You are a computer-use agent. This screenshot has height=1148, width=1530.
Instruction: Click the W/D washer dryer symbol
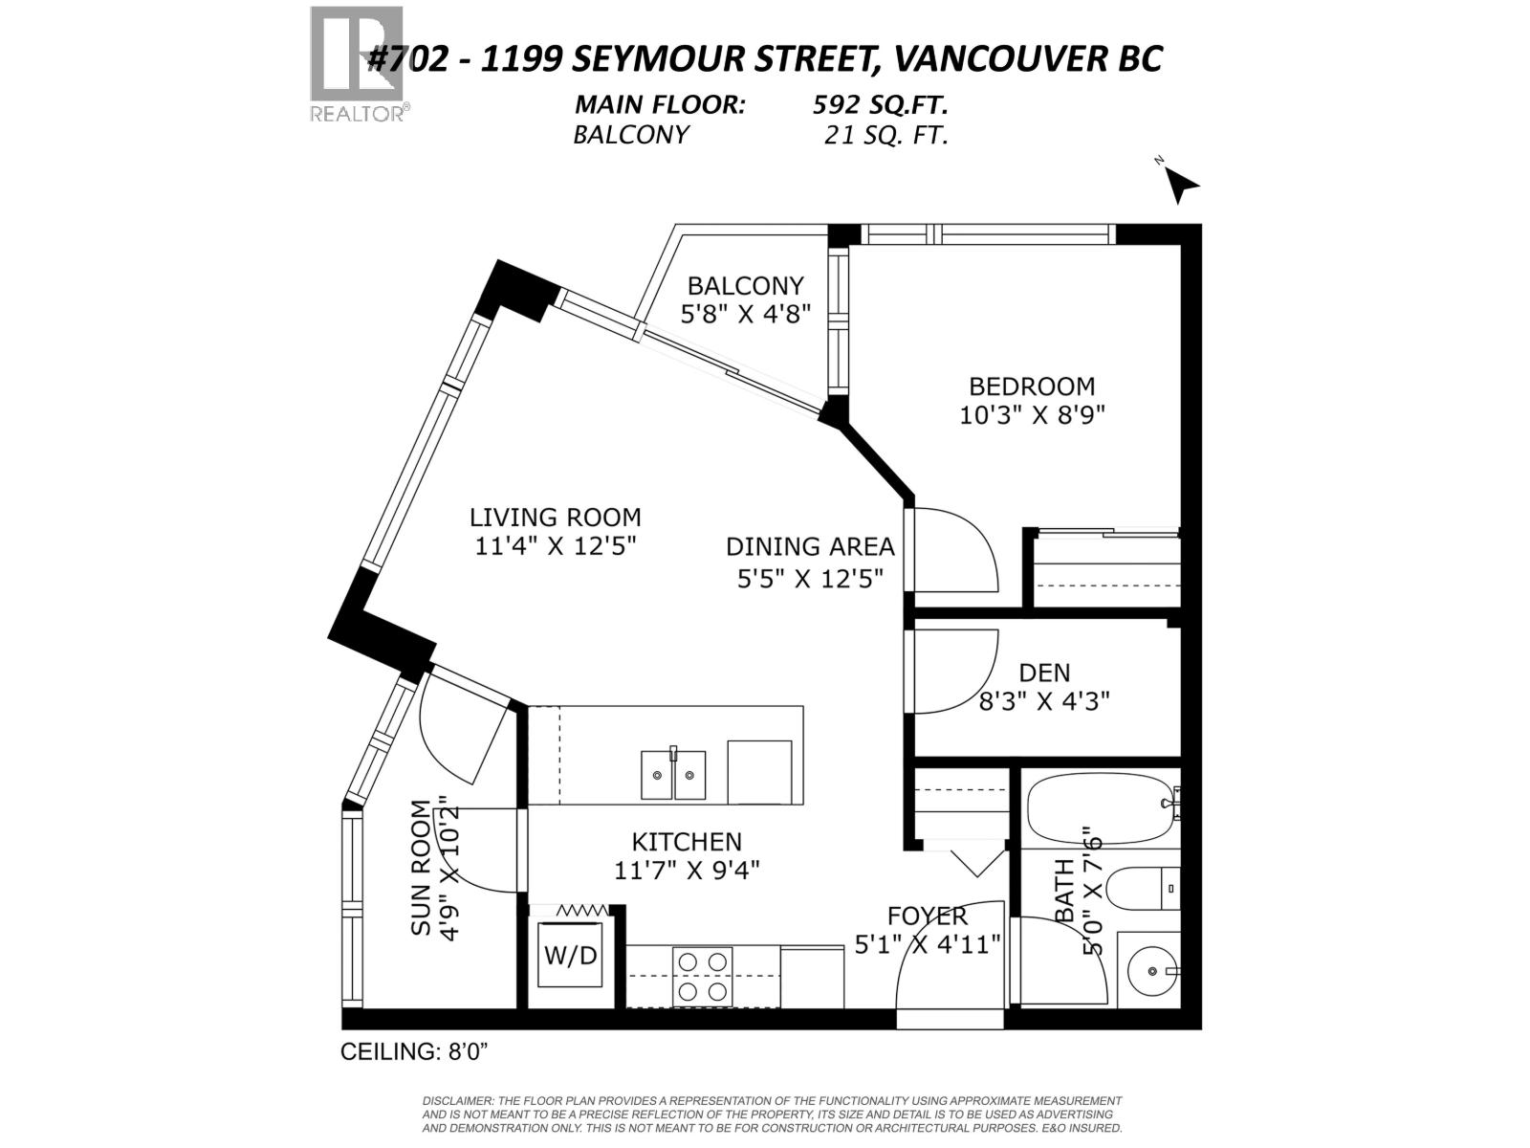tap(571, 955)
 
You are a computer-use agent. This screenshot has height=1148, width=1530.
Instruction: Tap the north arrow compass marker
tap(1182, 185)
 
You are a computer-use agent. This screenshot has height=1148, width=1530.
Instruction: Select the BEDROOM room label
tap(1032, 386)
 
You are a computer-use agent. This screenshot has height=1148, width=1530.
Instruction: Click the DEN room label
tap(1044, 673)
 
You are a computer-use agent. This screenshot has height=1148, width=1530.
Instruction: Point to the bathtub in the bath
tap(1100, 808)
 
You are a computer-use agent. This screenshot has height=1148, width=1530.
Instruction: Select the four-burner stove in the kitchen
tap(703, 977)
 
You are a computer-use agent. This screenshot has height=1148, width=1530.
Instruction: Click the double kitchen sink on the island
tap(673, 774)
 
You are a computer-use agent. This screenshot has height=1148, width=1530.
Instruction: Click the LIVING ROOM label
tap(555, 518)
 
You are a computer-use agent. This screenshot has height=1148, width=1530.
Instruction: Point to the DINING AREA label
tap(810, 547)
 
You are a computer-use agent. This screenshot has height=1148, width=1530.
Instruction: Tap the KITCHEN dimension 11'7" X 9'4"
tap(687, 870)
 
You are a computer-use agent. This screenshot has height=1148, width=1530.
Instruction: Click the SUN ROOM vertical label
tap(422, 869)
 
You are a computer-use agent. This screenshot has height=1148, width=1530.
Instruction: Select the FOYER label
tap(927, 916)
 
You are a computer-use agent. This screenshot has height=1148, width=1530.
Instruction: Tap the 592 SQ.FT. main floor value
tap(880, 105)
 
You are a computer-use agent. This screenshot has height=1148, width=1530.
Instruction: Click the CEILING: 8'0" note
tap(415, 1051)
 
